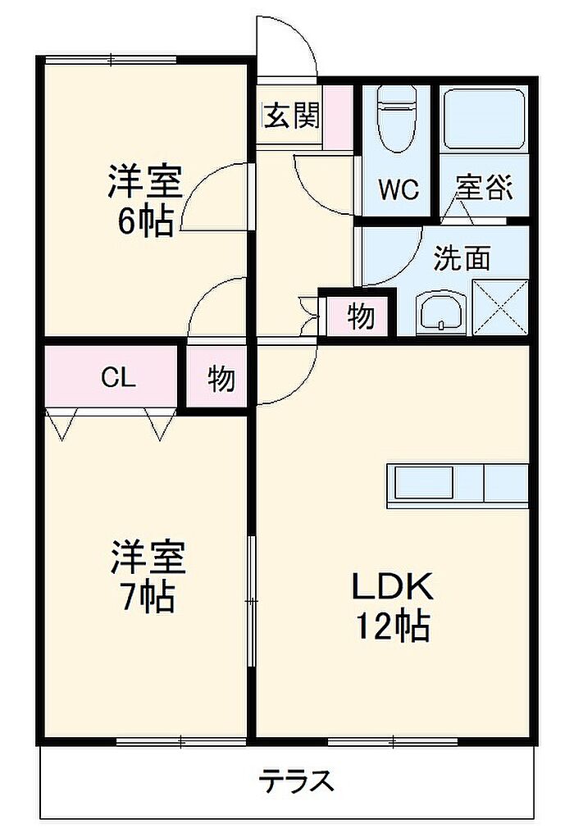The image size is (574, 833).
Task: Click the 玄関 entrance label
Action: (x=293, y=116)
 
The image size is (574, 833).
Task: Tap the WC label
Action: (x=399, y=189)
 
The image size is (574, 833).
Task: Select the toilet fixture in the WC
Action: (x=396, y=120)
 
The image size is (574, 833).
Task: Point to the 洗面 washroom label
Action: (x=462, y=258)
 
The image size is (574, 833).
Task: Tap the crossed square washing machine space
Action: (x=500, y=307)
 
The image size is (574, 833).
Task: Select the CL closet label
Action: (x=118, y=378)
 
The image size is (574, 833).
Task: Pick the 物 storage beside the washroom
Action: (x=361, y=316)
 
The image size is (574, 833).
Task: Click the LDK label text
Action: (x=393, y=587)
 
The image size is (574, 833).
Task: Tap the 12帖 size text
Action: (x=393, y=626)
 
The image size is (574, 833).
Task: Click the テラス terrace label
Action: (x=297, y=781)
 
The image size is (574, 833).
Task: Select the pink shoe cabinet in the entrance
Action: (x=339, y=117)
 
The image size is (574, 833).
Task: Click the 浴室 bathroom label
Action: (x=485, y=187)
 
